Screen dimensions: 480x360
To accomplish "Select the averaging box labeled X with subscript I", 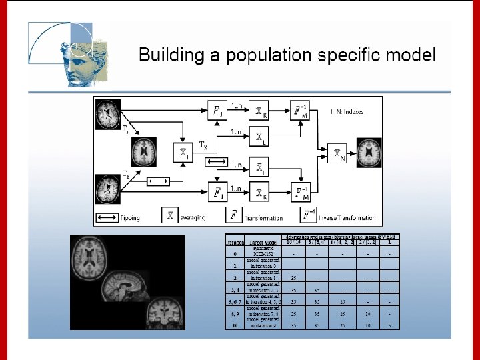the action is tap(182, 153).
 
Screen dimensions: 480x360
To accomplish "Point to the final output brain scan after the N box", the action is tap(369, 153).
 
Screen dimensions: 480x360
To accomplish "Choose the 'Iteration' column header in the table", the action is tap(235, 242).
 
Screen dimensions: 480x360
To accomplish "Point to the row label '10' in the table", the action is tap(235, 325).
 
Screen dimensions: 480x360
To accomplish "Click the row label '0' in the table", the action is tap(235, 253).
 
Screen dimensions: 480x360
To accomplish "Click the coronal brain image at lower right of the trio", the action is tap(163, 313).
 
